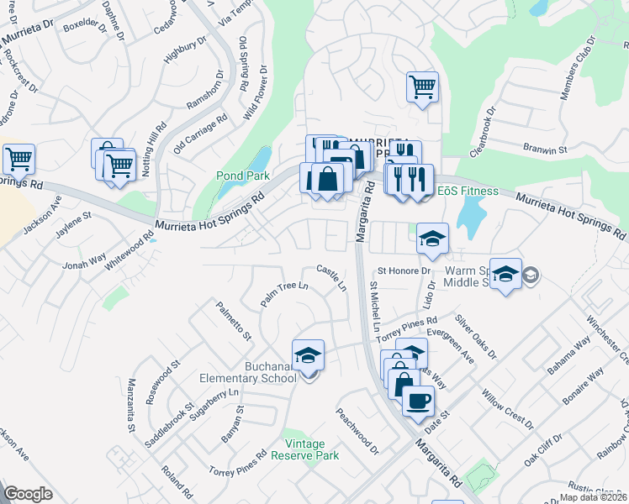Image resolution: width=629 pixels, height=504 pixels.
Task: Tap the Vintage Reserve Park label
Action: coord(311,449)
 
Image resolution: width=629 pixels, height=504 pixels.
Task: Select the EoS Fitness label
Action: coord(468,192)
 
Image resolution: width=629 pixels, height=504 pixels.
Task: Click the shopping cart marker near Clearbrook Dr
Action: coord(422,87)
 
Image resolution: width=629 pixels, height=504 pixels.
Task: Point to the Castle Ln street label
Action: coord(331,278)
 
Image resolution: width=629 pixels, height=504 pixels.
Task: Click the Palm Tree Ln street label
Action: coord(284,295)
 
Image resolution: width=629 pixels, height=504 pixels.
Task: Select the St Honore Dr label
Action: coord(404,271)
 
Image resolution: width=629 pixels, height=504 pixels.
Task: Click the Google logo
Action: coord(29,494)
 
